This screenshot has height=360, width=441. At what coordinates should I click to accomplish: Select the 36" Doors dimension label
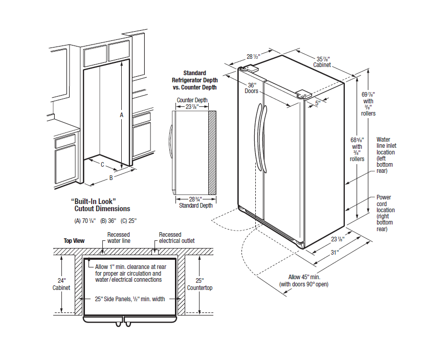tap(252, 87)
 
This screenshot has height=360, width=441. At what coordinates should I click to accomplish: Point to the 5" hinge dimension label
tap(318, 103)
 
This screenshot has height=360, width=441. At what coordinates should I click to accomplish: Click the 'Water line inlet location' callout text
tap(386, 154)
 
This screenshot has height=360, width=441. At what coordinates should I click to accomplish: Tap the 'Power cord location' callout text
tap(385, 213)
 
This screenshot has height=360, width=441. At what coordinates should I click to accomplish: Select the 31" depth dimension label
tap(334, 253)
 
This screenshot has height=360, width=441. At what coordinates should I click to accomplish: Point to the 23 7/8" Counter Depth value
tap(192, 107)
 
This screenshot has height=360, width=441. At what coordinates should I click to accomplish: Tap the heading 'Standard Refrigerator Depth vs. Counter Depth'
tap(194, 80)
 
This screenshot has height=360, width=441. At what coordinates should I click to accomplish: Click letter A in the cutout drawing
tap(121, 115)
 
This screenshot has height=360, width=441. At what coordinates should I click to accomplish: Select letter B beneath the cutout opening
tap(111, 178)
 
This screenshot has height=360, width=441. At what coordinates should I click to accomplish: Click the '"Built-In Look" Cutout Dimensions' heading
tap(100, 205)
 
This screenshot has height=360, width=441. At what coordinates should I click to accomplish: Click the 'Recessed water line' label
tap(118, 237)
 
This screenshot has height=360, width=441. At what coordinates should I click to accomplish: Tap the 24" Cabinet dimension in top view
tap(61, 284)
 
